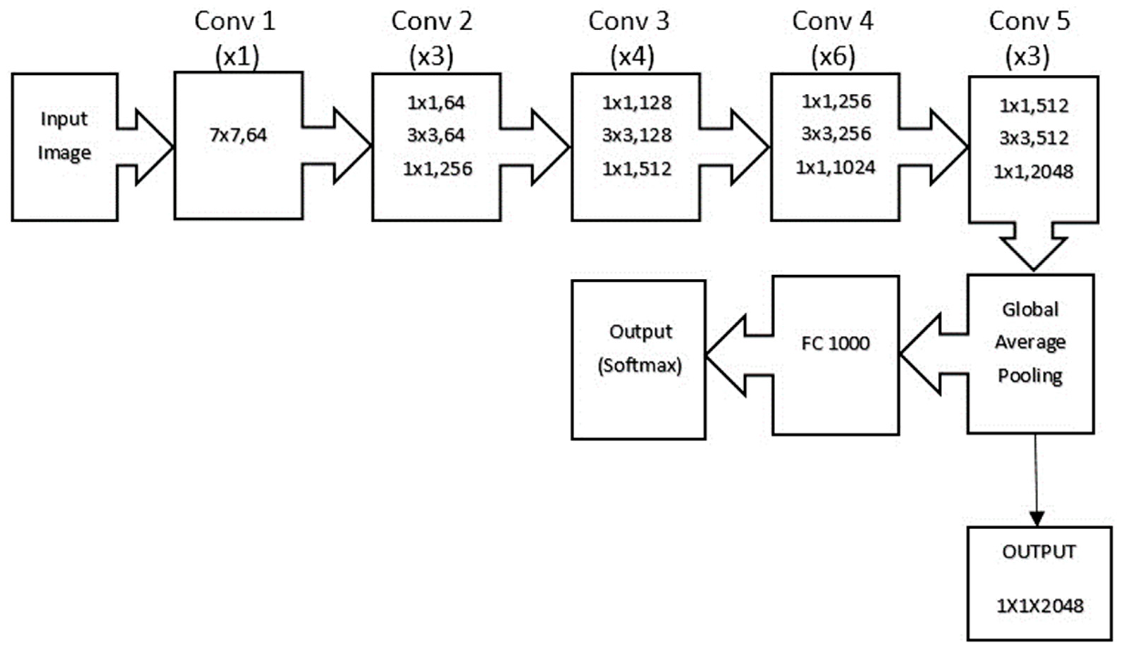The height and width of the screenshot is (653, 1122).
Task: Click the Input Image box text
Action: pyautogui.click(x=64, y=136)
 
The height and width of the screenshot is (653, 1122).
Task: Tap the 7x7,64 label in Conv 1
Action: pyautogui.click(x=238, y=135)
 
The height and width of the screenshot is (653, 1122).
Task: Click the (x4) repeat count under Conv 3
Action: pyautogui.click(x=632, y=57)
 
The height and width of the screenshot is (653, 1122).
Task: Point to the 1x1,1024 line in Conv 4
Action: pyautogui.click(x=836, y=168)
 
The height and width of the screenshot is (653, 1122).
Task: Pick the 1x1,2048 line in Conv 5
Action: pyautogui.click(x=1034, y=172)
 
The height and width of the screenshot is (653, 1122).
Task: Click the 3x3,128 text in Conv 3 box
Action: pyautogui.click(x=637, y=135)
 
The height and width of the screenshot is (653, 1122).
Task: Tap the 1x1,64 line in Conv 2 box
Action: pyautogui.click(x=436, y=103)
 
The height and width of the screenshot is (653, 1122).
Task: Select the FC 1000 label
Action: pyautogui.click(x=835, y=344)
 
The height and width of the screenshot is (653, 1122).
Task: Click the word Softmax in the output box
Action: pyautogui.click(x=640, y=366)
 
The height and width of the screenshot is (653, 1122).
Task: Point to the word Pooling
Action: pyautogui.click(x=1030, y=376)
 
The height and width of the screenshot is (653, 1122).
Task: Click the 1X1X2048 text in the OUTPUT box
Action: pyautogui.click(x=1040, y=606)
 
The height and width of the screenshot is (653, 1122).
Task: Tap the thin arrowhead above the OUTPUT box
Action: pyautogui.click(x=1037, y=519)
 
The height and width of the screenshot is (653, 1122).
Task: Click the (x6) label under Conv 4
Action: pyautogui.click(x=833, y=57)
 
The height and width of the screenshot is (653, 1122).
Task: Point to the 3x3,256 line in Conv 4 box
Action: pyautogui.click(x=836, y=134)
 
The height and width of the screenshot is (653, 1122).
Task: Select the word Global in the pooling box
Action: pyautogui.click(x=1030, y=309)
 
